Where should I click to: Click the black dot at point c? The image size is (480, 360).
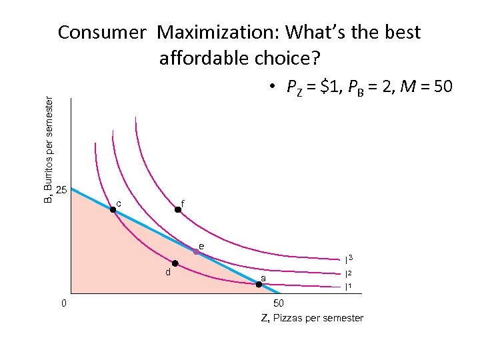[x=113, y=209]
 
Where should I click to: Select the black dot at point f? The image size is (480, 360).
[x=178, y=209]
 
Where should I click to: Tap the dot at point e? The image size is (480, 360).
[x=197, y=251]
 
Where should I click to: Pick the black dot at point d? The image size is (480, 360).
[x=175, y=263]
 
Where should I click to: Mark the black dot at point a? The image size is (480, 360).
[x=259, y=284]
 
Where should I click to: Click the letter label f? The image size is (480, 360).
[x=183, y=202]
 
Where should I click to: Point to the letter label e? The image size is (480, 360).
[x=201, y=246]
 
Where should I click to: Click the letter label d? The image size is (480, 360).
[x=168, y=272]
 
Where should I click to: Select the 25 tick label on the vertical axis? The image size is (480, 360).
[x=61, y=190]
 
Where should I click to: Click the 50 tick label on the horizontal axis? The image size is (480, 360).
[x=279, y=303]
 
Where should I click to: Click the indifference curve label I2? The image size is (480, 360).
[x=348, y=273]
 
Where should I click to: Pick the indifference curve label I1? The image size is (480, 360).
[x=348, y=287]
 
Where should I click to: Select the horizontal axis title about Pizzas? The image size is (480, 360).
[x=312, y=318]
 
